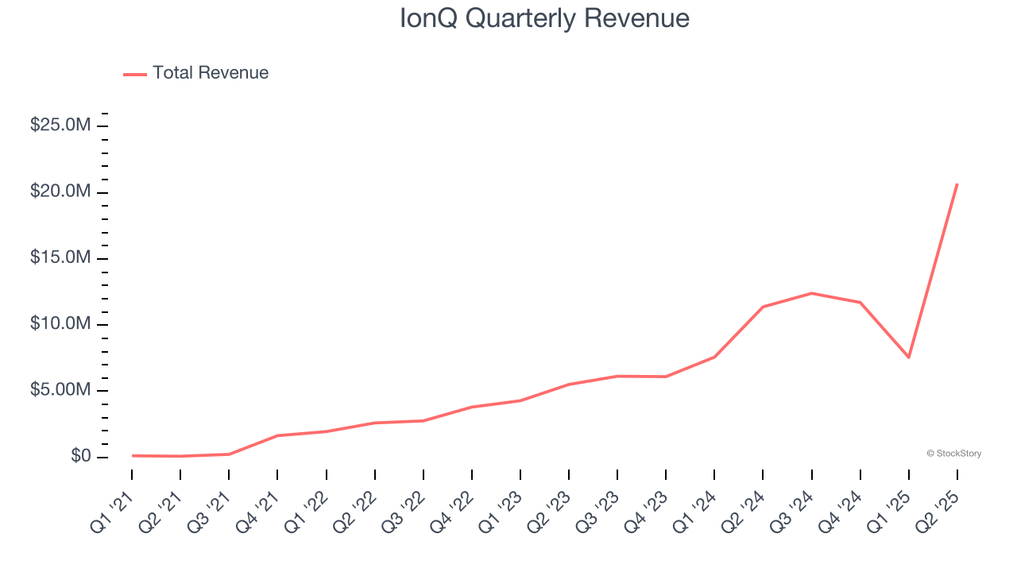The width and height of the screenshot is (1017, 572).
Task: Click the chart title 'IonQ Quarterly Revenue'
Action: tap(544, 18)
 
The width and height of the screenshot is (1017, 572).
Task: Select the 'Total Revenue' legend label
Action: tap(211, 73)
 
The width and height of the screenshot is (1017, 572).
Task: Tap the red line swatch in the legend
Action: tap(135, 74)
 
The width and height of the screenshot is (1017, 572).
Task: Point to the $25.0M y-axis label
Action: tap(60, 126)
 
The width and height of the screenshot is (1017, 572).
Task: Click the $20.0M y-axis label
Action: tap(60, 191)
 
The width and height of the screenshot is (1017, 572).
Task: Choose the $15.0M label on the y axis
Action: tap(60, 258)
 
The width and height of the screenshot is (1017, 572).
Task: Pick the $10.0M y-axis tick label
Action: tap(60, 324)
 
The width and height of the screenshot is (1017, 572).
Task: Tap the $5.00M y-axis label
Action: tap(60, 390)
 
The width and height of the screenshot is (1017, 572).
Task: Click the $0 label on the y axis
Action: tap(80, 456)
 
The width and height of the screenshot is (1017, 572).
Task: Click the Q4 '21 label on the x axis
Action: tap(260, 512)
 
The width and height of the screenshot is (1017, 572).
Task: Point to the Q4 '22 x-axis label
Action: tap(454, 512)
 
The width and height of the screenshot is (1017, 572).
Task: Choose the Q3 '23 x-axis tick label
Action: tap(600, 512)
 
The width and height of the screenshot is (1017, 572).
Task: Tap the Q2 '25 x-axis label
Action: tap(939, 512)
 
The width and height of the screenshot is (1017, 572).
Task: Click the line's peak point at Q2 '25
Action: tap(957, 184)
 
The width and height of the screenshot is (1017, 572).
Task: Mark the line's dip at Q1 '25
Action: tap(908, 357)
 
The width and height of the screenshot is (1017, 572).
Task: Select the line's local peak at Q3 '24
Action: tap(811, 293)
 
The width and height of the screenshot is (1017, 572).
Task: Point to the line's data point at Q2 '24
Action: tap(763, 307)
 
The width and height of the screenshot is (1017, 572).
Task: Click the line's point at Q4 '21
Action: tap(277, 435)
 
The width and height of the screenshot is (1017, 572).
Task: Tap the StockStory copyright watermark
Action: tap(953, 454)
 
